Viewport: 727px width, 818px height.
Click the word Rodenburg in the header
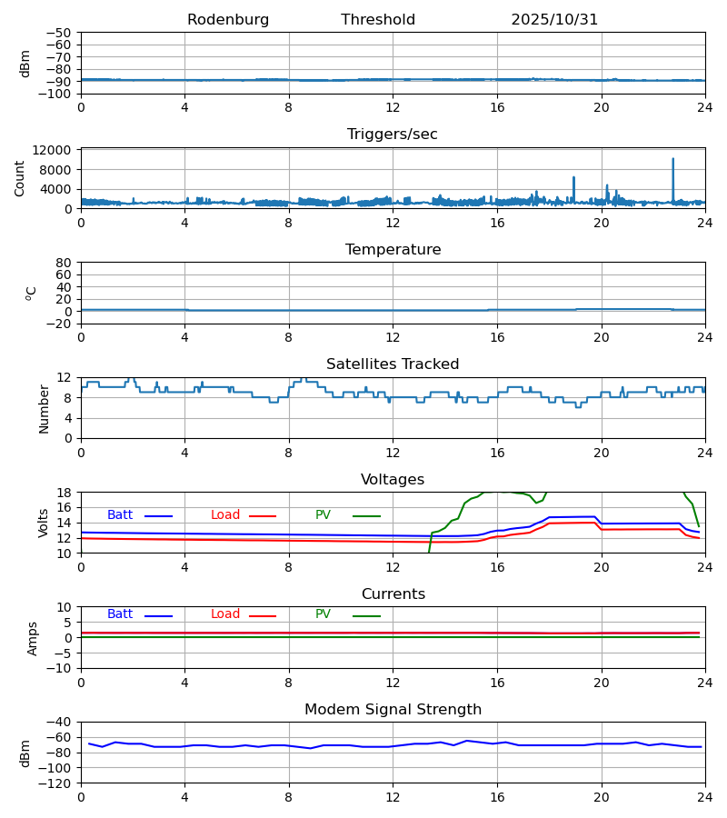[228, 20]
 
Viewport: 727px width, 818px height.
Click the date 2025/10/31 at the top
[554, 20]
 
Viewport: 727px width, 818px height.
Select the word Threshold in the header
[378, 20]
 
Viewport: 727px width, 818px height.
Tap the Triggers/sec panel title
[393, 135]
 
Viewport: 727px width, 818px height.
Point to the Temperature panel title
[393, 250]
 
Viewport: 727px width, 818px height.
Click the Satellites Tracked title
[393, 364]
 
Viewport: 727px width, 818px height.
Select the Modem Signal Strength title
[393, 710]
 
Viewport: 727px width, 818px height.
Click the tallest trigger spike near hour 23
[673, 160]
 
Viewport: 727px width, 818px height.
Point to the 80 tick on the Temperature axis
[64, 263]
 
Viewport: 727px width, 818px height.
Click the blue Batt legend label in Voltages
[120, 515]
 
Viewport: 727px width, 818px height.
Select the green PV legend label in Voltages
[323, 515]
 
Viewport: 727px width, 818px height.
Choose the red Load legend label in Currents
[225, 614]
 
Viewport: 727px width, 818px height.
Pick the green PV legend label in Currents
[323, 614]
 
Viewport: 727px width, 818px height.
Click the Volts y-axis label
[44, 523]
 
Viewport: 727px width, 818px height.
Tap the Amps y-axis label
[33, 638]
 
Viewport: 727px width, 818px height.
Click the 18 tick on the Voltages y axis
[64, 493]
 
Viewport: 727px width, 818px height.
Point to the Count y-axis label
[20, 178]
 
